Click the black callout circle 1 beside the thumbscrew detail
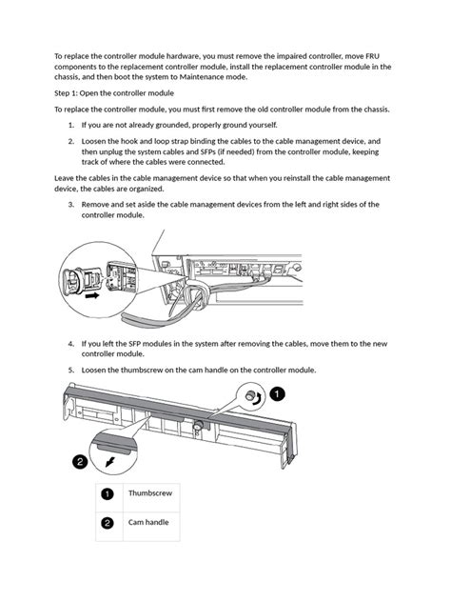point(277,394)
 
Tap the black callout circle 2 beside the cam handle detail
point(80,461)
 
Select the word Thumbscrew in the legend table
point(150,493)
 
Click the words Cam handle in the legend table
point(148,522)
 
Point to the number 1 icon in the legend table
point(107,493)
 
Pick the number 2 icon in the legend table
point(107,523)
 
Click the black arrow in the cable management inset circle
point(92,295)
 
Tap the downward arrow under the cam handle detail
point(110,461)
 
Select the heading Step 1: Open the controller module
point(114,93)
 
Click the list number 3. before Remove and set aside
point(71,205)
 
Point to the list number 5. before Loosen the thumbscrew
point(71,371)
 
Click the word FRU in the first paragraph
point(372,56)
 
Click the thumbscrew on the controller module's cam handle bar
point(198,426)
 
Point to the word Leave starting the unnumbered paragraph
point(63,178)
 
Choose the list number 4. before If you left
point(71,344)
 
